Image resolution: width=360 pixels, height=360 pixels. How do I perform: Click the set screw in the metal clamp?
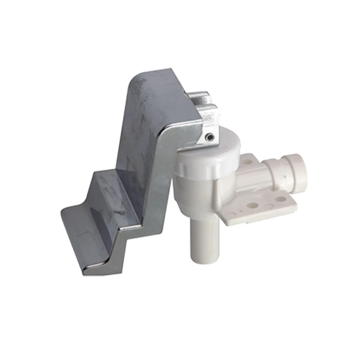click(x=208, y=136)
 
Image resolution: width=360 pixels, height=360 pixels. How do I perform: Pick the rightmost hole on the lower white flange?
click(x=280, y=198)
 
